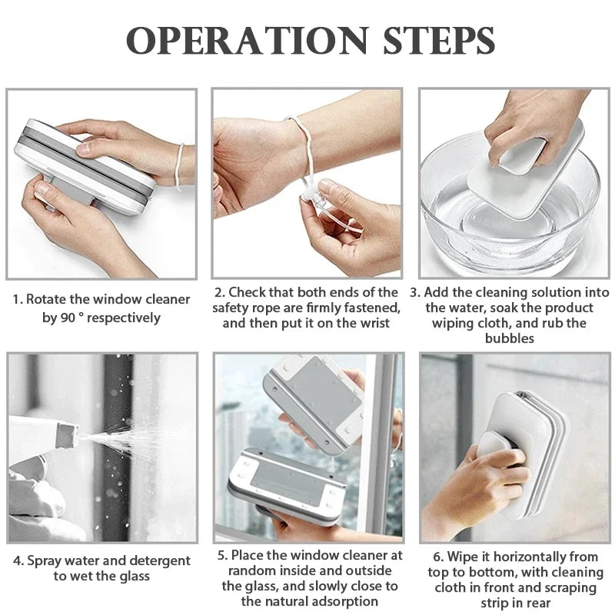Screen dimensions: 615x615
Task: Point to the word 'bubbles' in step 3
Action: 508,338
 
